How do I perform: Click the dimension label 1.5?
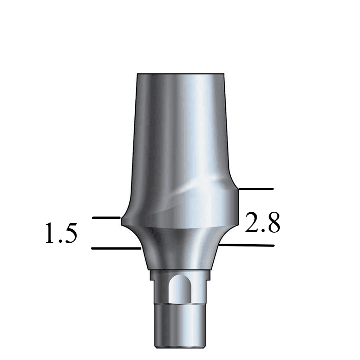pyautogui.click(x=60, y=233)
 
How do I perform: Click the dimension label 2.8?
pyautogui.click(x=262, y=223)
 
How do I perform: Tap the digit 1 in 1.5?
pyautogui.click(x=50, y=233)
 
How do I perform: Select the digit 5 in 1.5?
pyautogui.click(x=70, y=234)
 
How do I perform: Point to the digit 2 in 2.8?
pyautogui.click(x=252, y=223)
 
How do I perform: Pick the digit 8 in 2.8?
pyautogui.click(x=273, y=223)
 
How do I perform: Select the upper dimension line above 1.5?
pyautogui.click(x=107, y=217)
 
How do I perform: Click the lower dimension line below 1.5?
pyautogui.click(x=115, y=248)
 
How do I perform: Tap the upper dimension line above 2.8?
pyautogui.click(x=257, y=189)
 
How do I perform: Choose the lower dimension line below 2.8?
pyautogui.click(x=247, y=245)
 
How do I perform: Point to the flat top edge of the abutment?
pyautogui.click(x=181, y=74)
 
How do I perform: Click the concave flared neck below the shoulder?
pyautogui.click(x=180, y=249)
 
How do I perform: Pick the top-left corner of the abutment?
pyautogui.click(x=138, y=74)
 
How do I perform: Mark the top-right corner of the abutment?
pyautogui.click(x=224, y=74)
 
